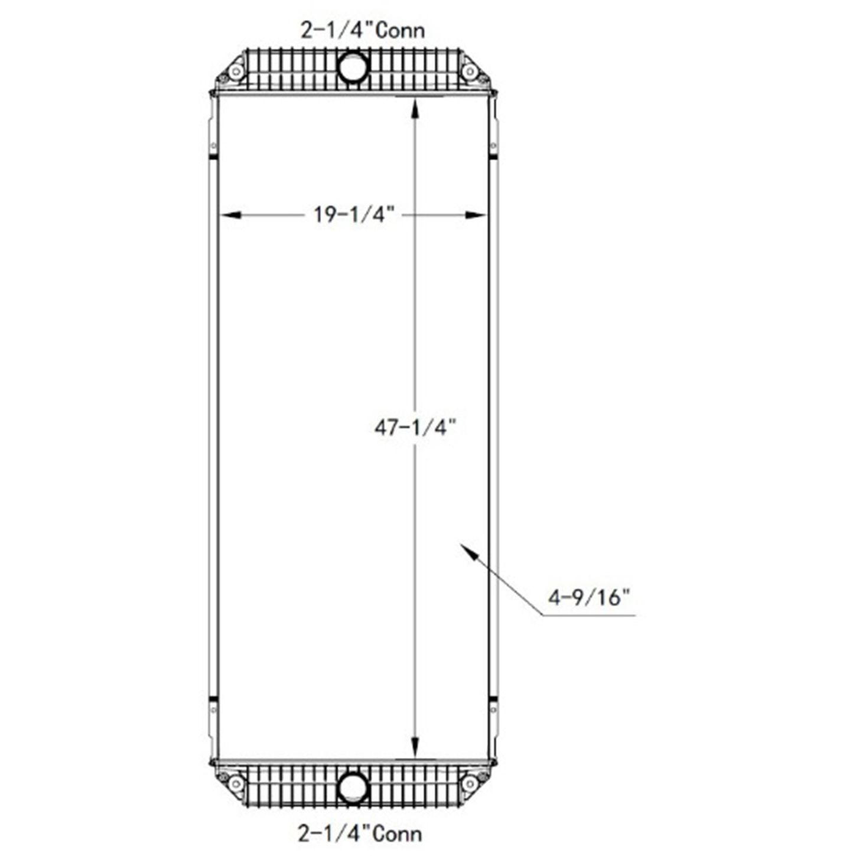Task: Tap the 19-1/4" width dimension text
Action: (x=354, y=214)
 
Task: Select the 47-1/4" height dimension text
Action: (x=415, y=428)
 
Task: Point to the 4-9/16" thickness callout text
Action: (x=590, y=597)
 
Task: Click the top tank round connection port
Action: (x=353, y=67)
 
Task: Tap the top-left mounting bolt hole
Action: (x=236, y=71)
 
